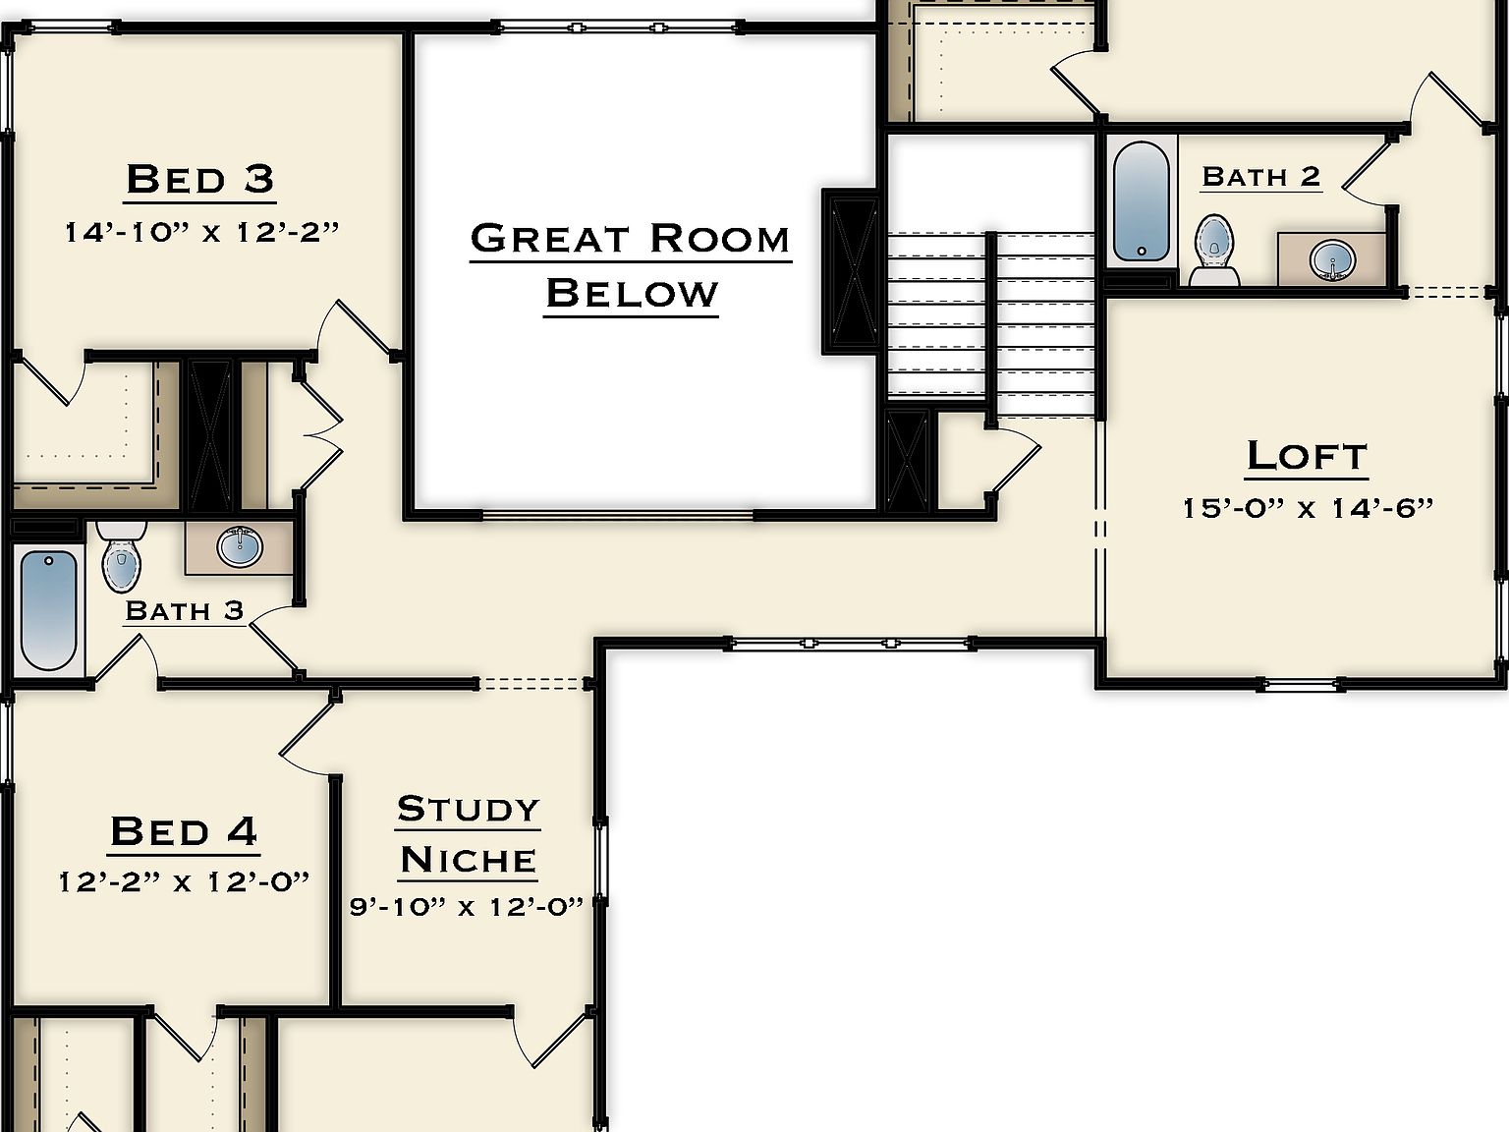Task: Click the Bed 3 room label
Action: pos(200,180)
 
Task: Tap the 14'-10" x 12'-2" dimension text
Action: pos(201,233)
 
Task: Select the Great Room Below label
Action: pos(631,265)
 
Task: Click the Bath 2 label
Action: pos(1260,177)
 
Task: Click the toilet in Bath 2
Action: pos(1214,249)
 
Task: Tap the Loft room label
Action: pos(1307,456)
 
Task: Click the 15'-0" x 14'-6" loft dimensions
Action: pos(1308,508)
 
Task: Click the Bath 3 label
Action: pos(184,610)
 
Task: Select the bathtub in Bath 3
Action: pos(48,609)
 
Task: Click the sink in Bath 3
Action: pos(240,547)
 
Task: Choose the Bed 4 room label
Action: pos(184,831)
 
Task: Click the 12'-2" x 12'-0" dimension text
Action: pos(184,881)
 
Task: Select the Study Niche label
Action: pos(469,834)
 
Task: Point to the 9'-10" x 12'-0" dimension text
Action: pos(467,906)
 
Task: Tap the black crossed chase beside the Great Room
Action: pos(851,271)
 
